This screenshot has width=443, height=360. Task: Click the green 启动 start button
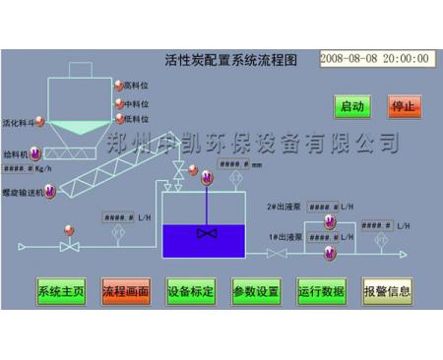[351, 105]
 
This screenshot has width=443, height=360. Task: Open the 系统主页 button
[61, 291]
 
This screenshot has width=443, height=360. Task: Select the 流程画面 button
[125, 291]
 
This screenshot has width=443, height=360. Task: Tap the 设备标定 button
[191, 291]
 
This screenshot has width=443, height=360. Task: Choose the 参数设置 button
[256, 291]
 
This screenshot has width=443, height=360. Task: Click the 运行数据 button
[321, 291]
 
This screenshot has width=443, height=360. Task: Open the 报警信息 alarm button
[387, 291]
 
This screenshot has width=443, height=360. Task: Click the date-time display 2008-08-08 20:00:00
[376, 58]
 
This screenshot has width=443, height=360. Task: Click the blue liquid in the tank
[205, 238]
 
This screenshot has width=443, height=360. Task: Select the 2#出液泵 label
[284, 207]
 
